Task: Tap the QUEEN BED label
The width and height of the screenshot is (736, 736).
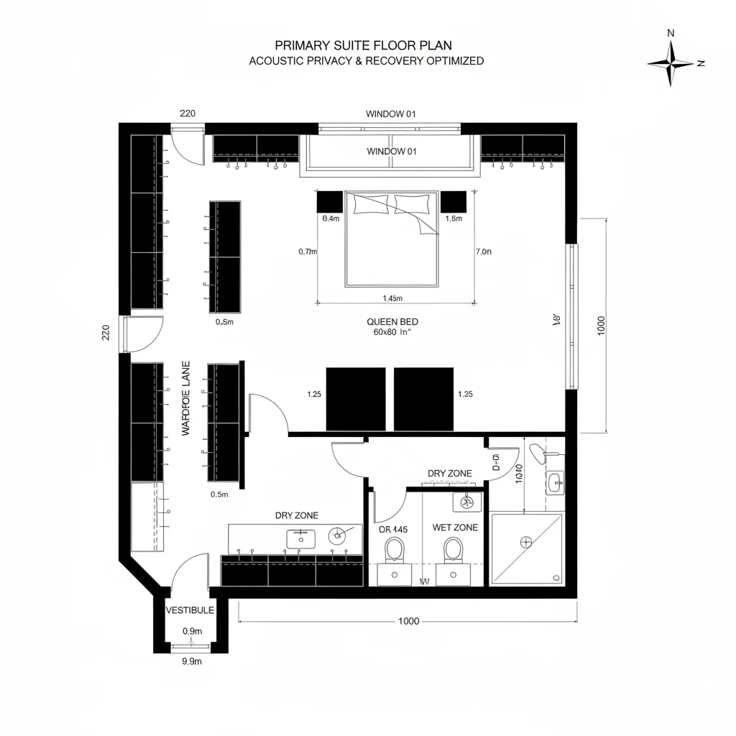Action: coord(392,322)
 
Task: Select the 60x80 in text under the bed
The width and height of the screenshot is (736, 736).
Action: coord(392,333)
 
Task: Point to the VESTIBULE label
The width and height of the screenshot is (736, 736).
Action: coord(190,610)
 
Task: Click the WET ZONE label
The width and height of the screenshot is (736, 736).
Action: coord(455,528)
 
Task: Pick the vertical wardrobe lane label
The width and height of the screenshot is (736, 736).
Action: coord(185,408)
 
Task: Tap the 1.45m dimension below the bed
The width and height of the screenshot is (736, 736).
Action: coord(392,298)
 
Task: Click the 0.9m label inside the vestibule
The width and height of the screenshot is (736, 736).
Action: coord(192,631)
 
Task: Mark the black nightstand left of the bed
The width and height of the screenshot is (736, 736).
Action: coord(331,201)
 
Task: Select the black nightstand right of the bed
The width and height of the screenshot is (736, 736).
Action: coord(454,201)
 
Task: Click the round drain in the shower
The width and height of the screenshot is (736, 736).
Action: coord(527,541)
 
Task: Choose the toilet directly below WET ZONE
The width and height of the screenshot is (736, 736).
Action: coord(453,551)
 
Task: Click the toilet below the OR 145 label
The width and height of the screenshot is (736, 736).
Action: coord(394,551)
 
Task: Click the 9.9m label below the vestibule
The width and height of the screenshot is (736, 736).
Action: coord(192,662)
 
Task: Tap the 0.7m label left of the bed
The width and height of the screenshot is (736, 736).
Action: coord(308,252)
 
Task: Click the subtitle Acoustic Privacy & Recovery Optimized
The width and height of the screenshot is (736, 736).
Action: coord(366,61)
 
